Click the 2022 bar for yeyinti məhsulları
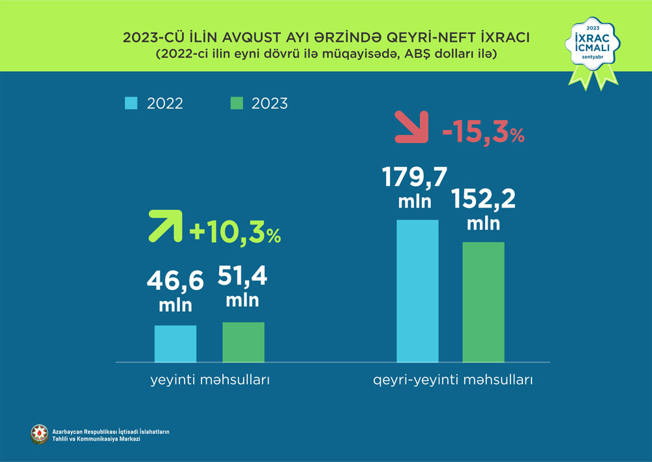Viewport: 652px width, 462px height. pos(175,343)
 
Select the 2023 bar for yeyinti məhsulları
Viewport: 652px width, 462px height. pos(243,342)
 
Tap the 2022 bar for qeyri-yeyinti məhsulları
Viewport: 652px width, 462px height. pos(418,290)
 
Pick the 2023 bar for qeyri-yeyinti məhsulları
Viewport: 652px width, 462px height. pos(484,301)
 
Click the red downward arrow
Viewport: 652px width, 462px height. pos(412,127)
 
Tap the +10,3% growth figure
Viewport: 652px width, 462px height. pos(235,233)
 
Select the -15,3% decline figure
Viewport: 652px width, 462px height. pos(483,134)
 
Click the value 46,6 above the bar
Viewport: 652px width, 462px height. pos(175,281)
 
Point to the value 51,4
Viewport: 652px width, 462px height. pos(243,277)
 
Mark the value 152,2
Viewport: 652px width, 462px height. pos(483,198)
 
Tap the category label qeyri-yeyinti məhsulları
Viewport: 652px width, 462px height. pos(453,380)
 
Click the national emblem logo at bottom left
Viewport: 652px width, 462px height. pos(39,435)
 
